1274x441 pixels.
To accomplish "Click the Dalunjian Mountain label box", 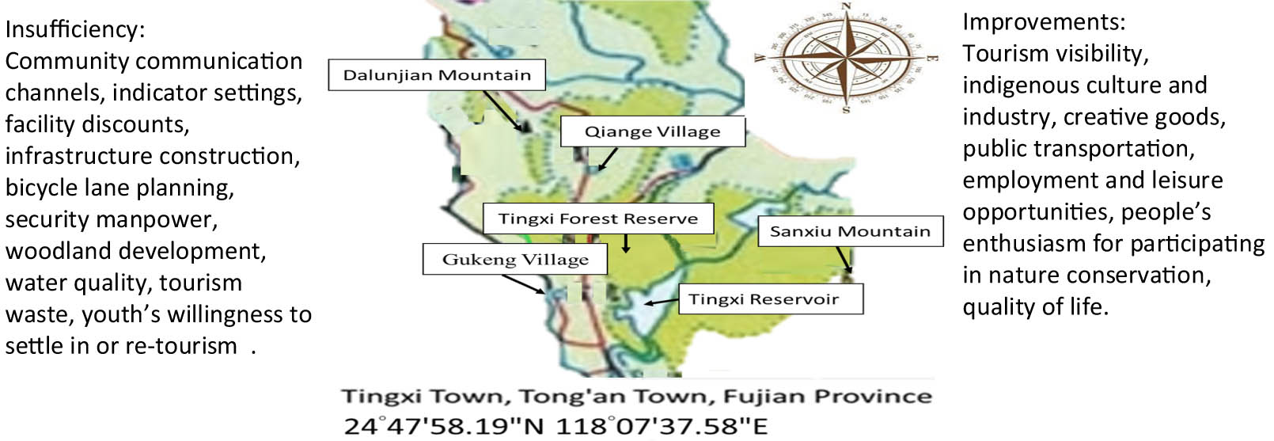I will click(x=437, y=75).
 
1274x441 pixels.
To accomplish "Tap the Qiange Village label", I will click(x=653, y=131).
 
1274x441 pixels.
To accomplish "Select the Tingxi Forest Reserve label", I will click(x=598, y=219).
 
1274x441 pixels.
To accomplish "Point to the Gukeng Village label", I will click(x=515, y=260).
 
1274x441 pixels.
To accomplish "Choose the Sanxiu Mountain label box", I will click(x=850, y=231).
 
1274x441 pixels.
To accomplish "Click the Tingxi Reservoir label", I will click(x=764, y=299).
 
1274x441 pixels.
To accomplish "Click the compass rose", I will click(x=846, y=58).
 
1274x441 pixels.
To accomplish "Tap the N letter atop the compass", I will click(x=846, y=7).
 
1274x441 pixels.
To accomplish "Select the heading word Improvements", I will click(x=1043, y=22).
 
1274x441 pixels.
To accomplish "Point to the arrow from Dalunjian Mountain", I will click(x=503, y=109).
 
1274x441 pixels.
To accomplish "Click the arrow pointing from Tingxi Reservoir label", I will click(x=661, y=302).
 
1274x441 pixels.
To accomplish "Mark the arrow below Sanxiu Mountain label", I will click(x=844, y=260).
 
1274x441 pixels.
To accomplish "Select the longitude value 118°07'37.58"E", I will click(x=662, y=426).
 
